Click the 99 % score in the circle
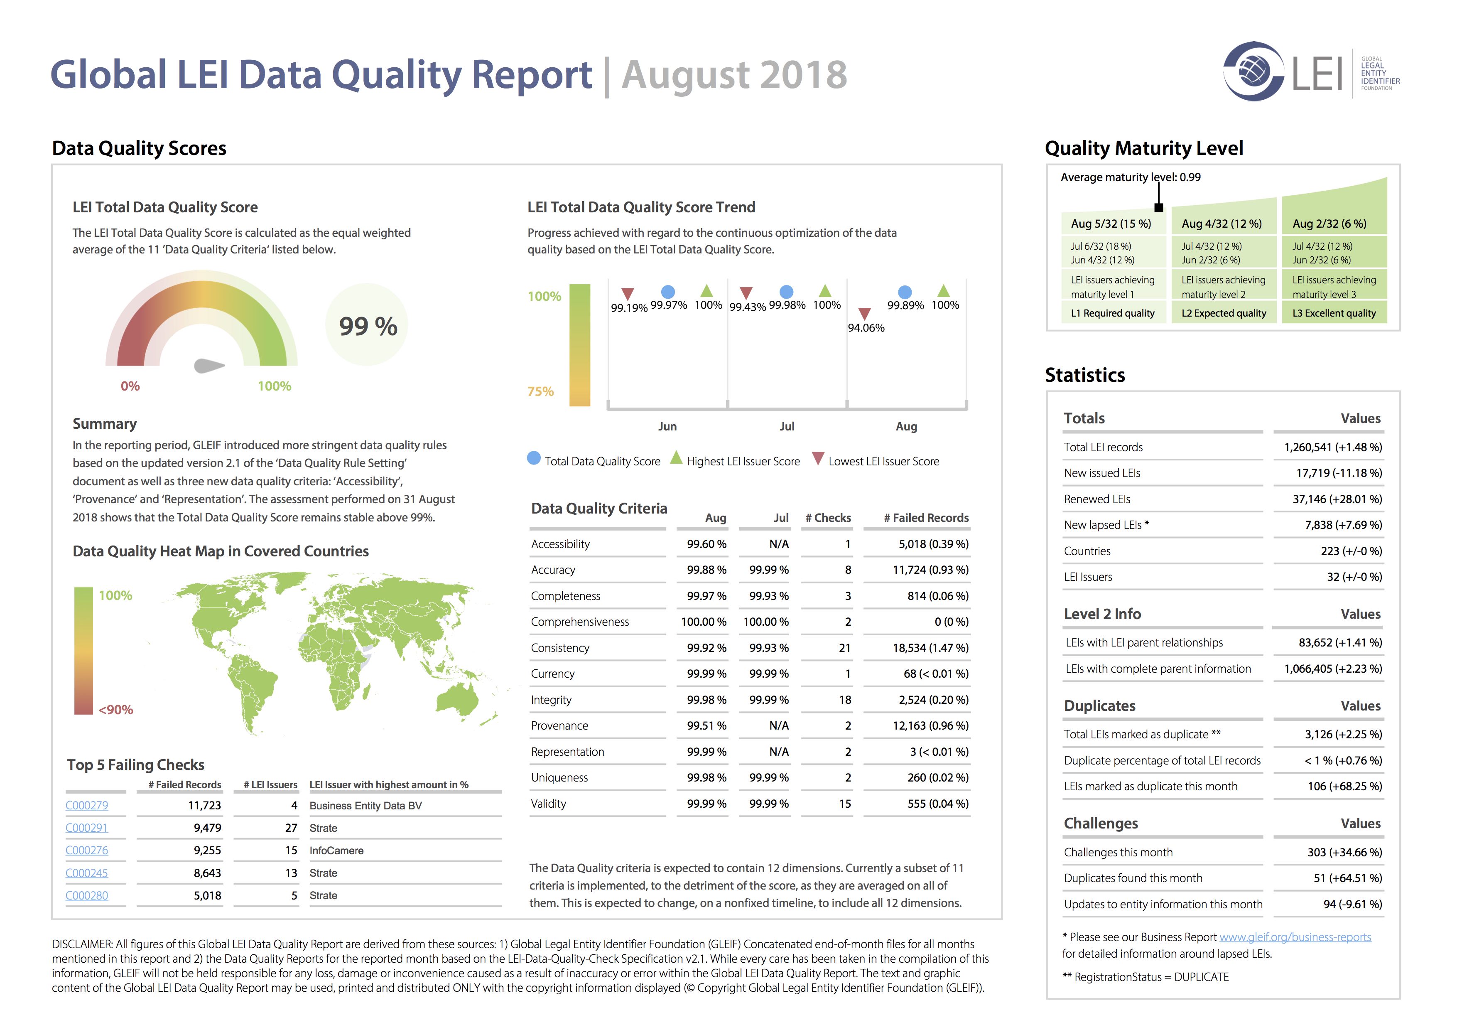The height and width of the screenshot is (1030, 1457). point(368,326)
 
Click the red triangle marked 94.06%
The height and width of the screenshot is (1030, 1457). point(864,314)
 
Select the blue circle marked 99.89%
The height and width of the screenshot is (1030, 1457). point(905,292)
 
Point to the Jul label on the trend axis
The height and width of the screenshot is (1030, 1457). point(787,426)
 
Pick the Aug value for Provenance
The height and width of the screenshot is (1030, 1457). point(706,725)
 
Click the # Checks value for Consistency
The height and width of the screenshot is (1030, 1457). point(844,648)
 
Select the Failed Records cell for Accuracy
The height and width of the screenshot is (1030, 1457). point(930,570)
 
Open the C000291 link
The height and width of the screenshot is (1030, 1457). point(87,828)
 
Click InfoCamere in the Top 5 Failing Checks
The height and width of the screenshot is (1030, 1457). point(336,851)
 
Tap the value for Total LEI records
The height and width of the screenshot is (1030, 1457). point(1333,447)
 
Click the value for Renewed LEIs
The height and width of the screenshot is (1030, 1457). point(1337,499)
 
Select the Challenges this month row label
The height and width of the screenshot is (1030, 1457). point(1118,852)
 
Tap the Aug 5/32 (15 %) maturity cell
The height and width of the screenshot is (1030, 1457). point(1111,224)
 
